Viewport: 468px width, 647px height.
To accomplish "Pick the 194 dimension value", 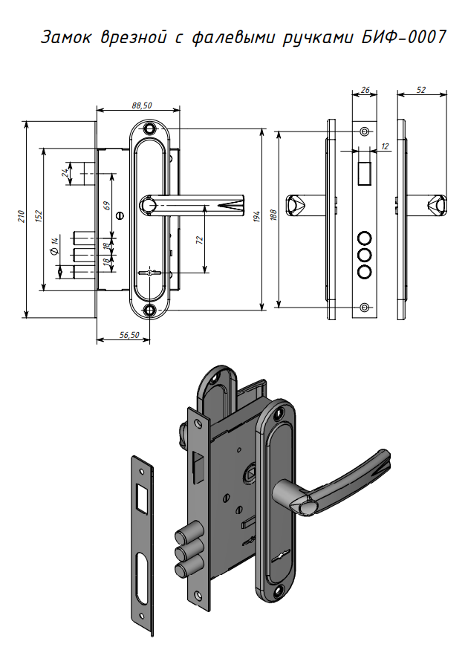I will point(256,217).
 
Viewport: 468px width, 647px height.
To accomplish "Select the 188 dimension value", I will point(274,217).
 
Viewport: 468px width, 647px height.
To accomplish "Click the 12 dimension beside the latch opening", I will point(384,147).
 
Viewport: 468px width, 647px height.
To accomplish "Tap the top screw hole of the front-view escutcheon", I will point(152,130).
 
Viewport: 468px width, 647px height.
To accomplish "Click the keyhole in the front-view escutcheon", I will point(152,274).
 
